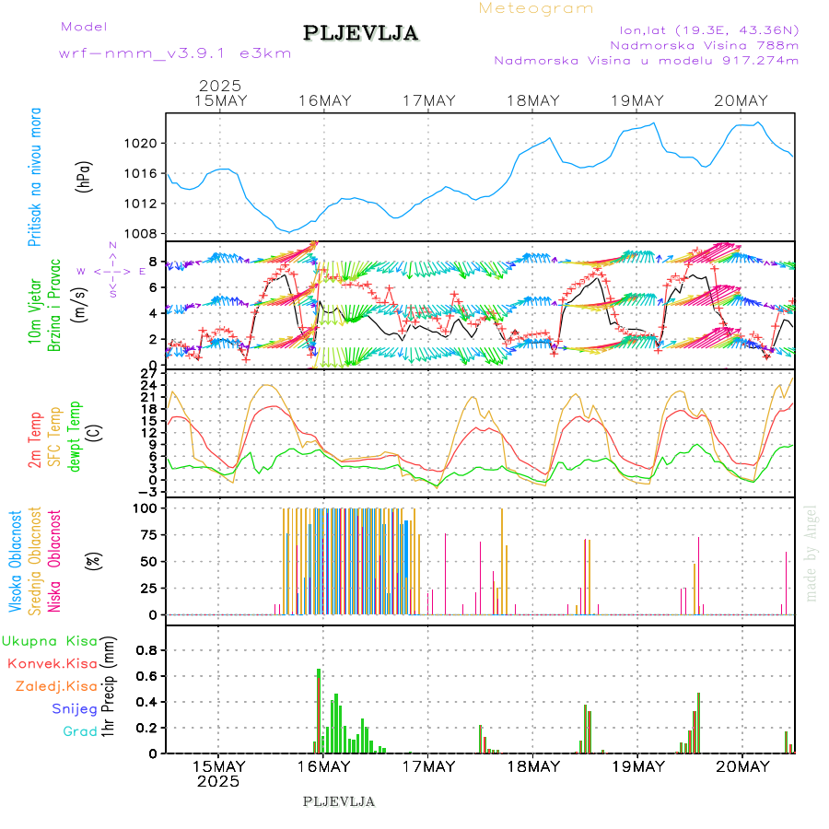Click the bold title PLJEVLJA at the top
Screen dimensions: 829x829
pos(361,33)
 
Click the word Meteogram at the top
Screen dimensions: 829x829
pos(536,8)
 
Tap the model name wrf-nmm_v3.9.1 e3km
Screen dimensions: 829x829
pos(175,53)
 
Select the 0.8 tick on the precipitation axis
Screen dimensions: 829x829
pos(146,649)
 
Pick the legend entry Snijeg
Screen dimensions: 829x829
pos(74,708)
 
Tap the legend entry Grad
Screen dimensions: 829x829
pos(79,731)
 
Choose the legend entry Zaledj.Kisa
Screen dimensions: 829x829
pos(56,685)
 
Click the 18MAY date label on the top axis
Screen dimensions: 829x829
pos(533,100)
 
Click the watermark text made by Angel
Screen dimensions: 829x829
pos(811,553)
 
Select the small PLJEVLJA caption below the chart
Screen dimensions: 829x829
pos(339,801)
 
